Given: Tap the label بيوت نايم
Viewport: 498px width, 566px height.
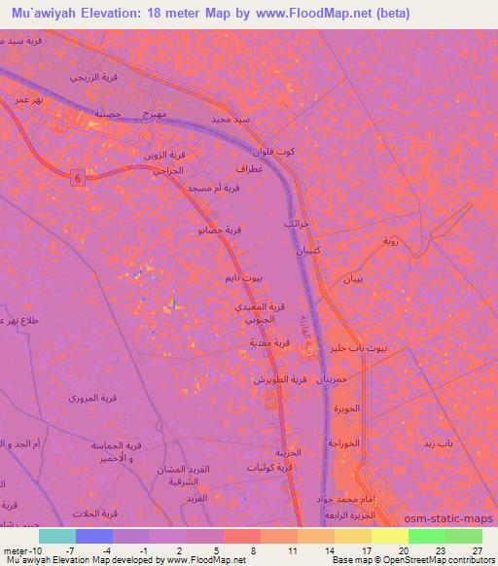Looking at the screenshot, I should coord(244,278).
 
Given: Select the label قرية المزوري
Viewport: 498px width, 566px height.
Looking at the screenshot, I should coord(91,399).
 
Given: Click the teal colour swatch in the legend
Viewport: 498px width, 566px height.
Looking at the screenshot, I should coord(57,536).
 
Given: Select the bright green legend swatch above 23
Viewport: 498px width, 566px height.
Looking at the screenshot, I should coord(427,536).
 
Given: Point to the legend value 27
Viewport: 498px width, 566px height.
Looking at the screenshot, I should coord(477,549).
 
